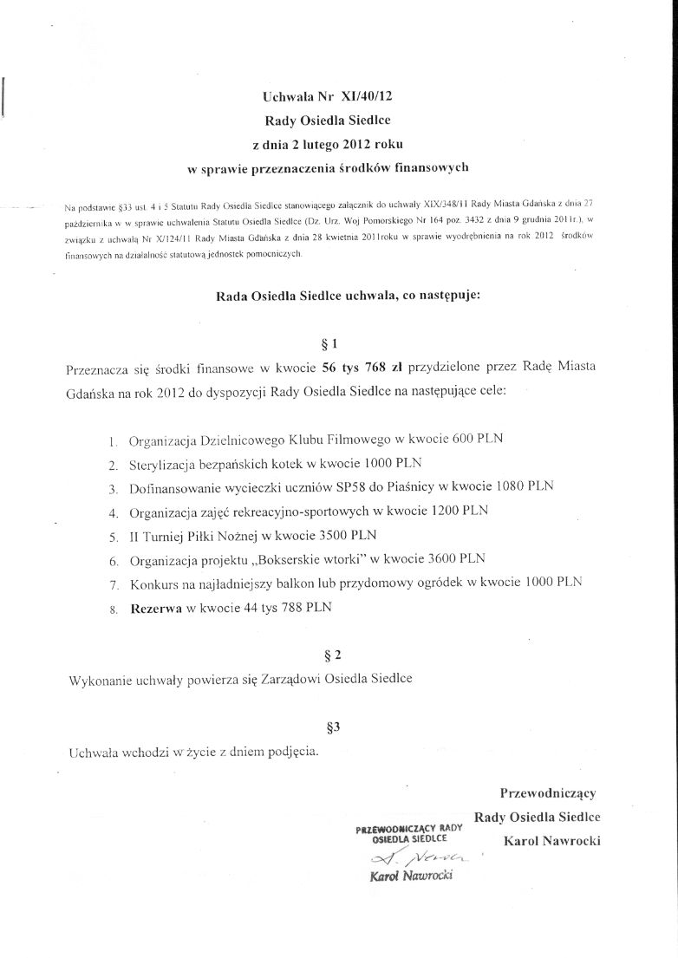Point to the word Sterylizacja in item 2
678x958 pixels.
click(162, 463)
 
